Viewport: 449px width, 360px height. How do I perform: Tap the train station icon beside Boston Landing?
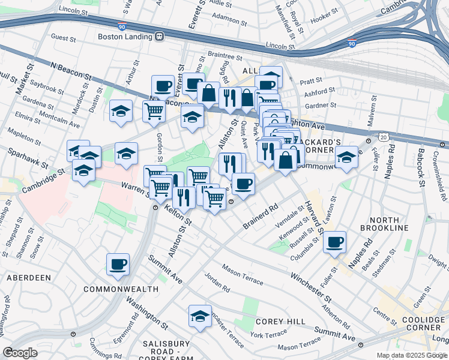(159, 36)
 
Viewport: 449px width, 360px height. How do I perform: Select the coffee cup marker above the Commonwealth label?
(118, 265)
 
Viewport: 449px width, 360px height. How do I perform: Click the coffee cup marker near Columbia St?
(334, 242)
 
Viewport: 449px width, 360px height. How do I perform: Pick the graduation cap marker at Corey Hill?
(200, 316)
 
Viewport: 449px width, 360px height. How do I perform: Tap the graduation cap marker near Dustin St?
(121, 111)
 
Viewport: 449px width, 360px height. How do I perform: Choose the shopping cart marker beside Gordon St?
(154, 112)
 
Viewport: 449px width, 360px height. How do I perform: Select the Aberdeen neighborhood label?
(28, 278)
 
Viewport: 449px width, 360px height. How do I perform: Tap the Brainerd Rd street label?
(261, 217)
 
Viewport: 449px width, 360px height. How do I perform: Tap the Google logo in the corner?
(20, 353)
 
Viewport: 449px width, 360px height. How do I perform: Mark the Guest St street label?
(64, 37)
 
